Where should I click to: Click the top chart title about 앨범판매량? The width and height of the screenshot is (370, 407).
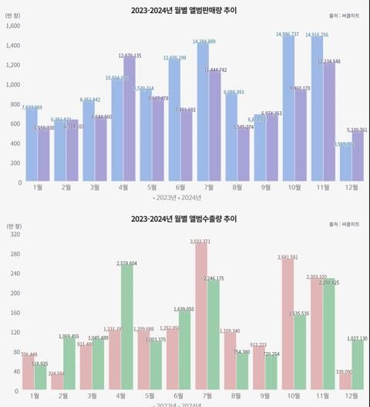[x=184, y=9]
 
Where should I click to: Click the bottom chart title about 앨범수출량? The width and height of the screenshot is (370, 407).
[x=184, y=219]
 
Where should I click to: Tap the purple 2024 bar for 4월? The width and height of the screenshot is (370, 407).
[x=129, y=120]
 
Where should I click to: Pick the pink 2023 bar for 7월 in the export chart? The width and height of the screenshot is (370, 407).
[x=201, y=320]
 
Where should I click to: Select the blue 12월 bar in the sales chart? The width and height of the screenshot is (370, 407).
[x=345, y=164]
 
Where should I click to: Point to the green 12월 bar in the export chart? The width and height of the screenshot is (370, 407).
[x=358, y=368]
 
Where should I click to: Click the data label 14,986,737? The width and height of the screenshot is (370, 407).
[x=288, y=35]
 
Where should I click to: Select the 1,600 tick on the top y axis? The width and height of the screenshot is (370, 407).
[x=13, y=25]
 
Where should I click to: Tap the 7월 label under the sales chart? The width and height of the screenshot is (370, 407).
[x=208, y=188]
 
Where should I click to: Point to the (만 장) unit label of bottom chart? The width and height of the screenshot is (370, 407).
[x=15, y=226]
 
